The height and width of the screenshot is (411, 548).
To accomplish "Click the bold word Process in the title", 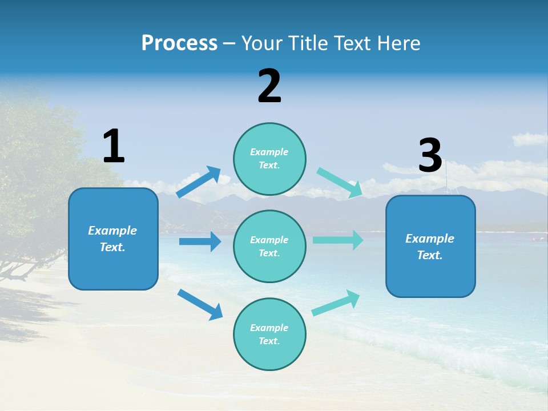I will [x=179, y=43].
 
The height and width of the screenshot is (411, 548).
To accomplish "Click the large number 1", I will [x=114, y=146].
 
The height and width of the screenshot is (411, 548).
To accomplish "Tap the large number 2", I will [x=269, y=86].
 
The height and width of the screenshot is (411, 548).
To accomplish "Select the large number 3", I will [x=430, y=156].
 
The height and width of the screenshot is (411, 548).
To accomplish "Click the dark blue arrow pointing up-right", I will [x=198, y=182].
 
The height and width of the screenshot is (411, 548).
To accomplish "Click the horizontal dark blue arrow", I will [x=200, y=241].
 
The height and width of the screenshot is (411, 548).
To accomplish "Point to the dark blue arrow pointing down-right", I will [x=200, y=304].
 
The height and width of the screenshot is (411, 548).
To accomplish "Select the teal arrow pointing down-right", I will [x=339, y=183].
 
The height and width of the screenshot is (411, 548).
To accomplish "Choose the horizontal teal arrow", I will [x=337, y=240].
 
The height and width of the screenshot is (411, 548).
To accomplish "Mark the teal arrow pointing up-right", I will [x=336, y=303].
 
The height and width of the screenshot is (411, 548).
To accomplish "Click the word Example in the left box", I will [x=112, y=231].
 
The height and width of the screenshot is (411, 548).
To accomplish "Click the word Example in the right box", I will [x=430, y=239].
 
